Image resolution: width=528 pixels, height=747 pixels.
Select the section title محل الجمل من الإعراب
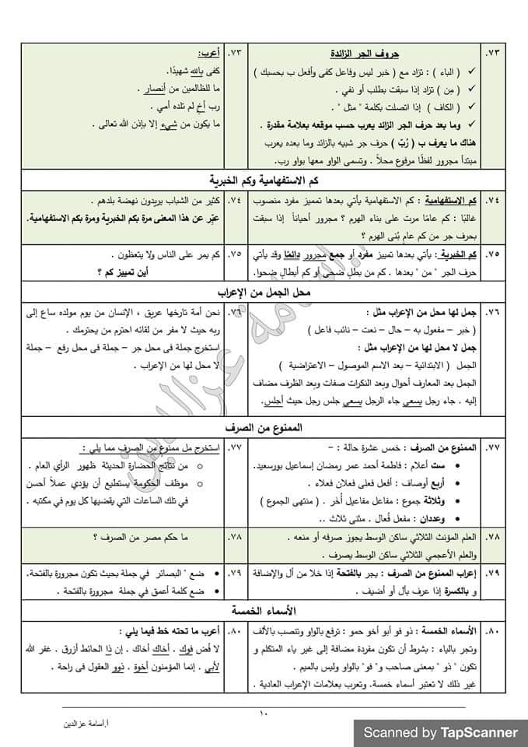(264, 292)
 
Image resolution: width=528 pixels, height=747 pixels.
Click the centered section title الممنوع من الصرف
(264, 428)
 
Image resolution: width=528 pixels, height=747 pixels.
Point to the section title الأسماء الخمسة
(264, 608)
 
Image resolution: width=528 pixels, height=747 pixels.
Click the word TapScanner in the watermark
(479, 732)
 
